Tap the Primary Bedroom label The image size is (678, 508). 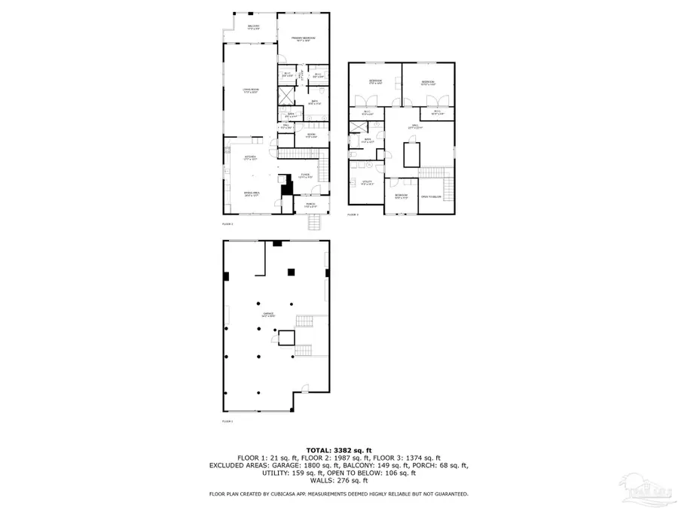[304, 38]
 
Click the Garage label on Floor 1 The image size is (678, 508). [267, 315]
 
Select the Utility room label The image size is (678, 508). [368, 183]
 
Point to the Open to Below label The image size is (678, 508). [431, 196]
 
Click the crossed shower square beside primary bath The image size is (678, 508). [286, 96]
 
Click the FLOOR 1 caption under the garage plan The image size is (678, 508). [228, 421]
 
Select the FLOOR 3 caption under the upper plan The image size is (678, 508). [353, 215]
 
